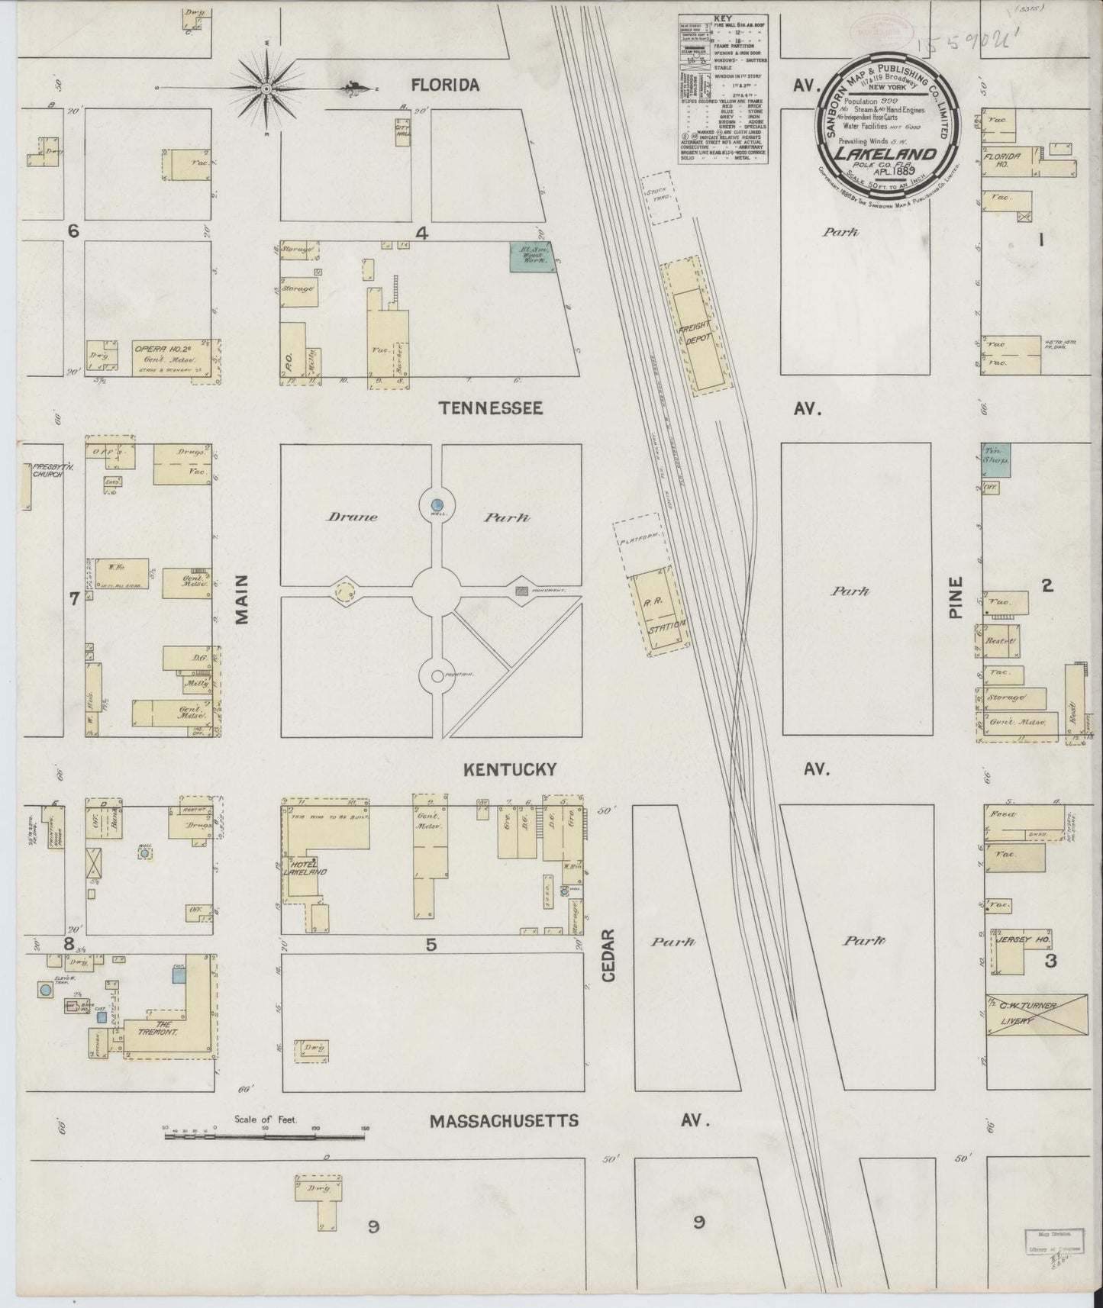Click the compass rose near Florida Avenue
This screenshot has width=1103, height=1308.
click(x=266, y=89)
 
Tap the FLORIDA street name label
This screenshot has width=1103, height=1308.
click(x=445, y=85)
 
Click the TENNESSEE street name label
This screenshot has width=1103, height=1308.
click(x=491, y=408)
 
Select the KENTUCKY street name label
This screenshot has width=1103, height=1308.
click(x=509, y=769)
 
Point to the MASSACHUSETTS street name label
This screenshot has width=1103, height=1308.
click(x=504, y=1121)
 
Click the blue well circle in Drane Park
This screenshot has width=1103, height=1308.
click(x=437, y=504)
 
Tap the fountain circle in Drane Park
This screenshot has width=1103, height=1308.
click(x=437, y=675)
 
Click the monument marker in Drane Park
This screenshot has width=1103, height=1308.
click(x=521, y=590)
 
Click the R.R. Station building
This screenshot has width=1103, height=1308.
click(x=659, y=613)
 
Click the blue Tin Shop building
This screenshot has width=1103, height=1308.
click(x=995, y=461)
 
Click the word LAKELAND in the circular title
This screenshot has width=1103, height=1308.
click(x=885, y=155)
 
